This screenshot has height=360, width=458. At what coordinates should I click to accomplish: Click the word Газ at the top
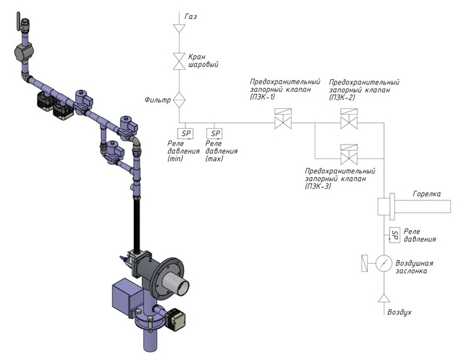pos(190,16)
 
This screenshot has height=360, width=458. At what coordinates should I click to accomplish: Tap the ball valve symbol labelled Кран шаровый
pos(179,61)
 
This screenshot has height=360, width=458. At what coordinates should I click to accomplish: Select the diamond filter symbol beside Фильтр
pos(179,100)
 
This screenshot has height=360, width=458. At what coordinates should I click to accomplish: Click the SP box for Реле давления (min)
pos(185,133)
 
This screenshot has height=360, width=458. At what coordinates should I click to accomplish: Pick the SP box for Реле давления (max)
pos(214,133)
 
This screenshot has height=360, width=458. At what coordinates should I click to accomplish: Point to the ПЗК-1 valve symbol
pos(283,119)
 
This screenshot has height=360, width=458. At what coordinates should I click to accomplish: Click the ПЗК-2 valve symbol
pos(349,119)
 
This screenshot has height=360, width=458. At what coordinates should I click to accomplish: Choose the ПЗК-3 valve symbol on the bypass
pos(349,155)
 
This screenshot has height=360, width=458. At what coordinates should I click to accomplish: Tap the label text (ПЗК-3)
pos(318,186)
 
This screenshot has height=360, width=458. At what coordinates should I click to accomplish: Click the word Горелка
pos(427,194)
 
